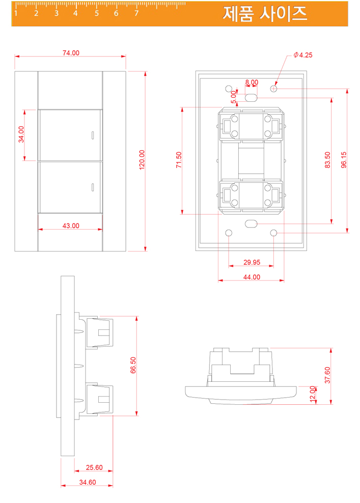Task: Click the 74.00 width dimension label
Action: [71, 53]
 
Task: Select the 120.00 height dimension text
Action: [142, 160]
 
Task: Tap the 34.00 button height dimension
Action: [21, 134]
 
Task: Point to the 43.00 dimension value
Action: [71, 226]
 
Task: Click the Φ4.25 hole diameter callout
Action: [303, 55]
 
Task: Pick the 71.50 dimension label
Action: [179, 160]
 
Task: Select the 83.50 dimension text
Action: [327, 160]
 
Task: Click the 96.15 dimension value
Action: [344, 160]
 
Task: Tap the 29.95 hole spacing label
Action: [252, 262]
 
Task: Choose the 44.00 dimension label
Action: [252, 277]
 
